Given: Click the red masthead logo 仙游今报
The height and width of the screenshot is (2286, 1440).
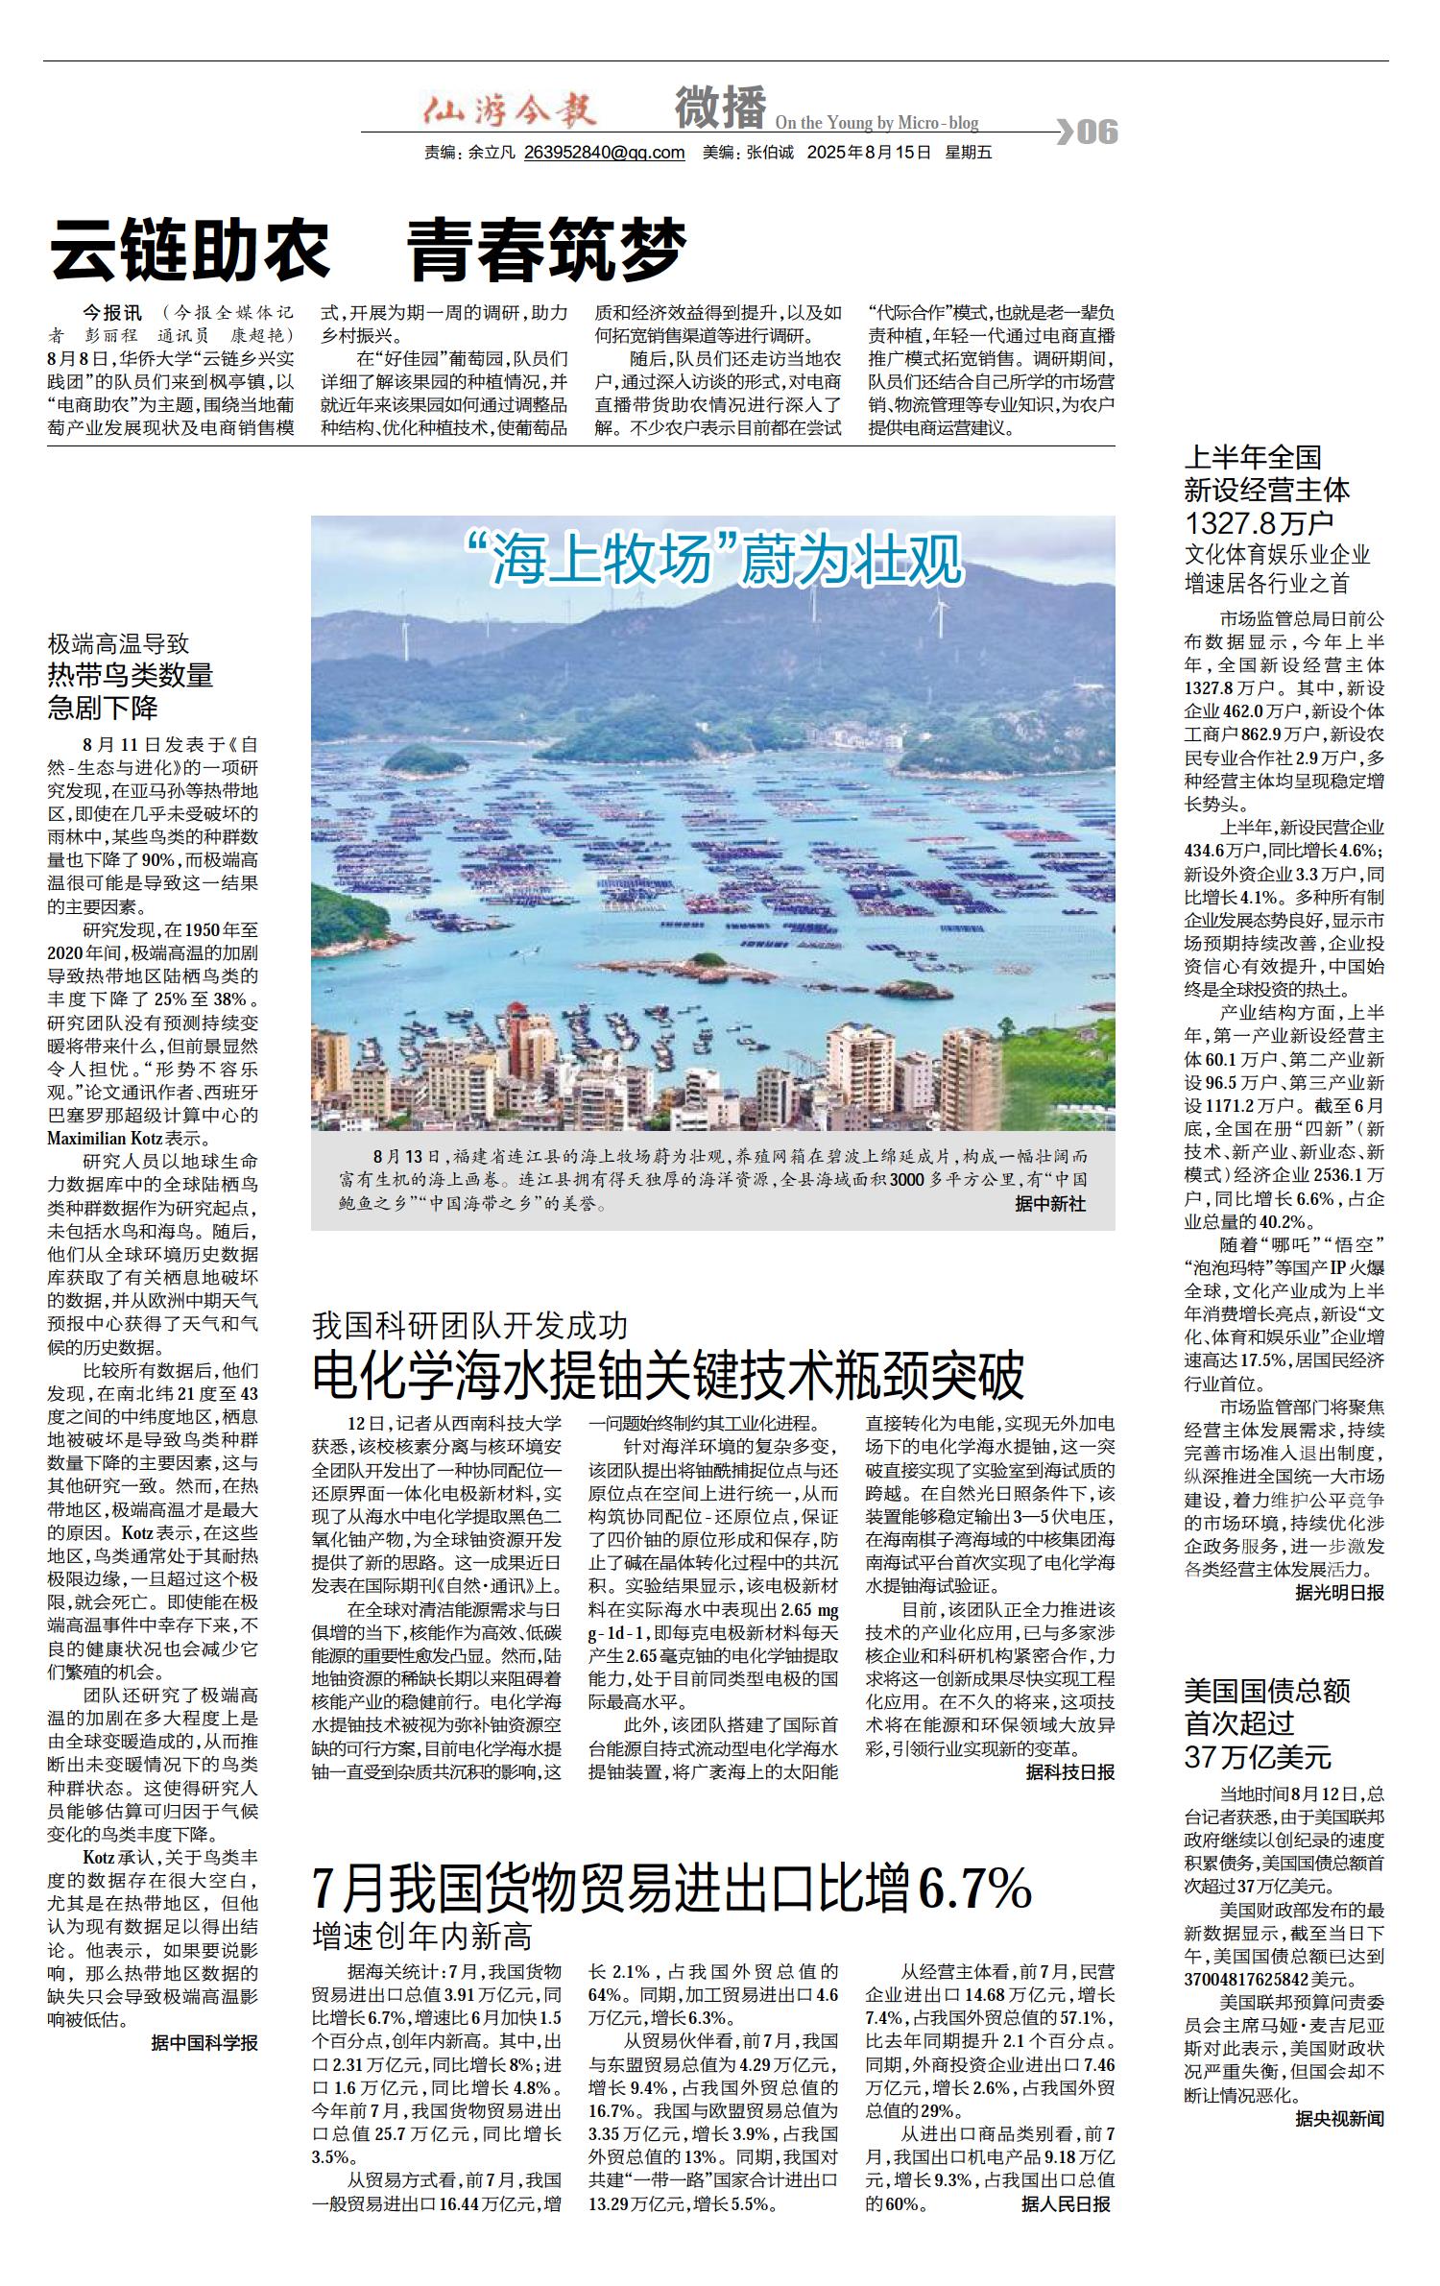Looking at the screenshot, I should (x=510, y=108).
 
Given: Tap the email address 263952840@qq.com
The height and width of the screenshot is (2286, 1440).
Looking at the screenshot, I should (x=604, y=153).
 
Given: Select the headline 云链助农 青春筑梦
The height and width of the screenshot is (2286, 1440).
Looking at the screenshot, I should (x=369, y=249).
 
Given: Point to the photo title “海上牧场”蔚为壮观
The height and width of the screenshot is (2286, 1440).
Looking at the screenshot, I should (x=712, y=560).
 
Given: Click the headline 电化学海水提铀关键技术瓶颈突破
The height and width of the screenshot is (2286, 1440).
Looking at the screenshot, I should (x=668, y=1376).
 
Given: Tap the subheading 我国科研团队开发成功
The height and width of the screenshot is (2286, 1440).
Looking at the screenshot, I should (x=469, y=1326).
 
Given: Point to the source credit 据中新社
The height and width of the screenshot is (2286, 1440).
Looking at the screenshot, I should (x=1050, y=1204).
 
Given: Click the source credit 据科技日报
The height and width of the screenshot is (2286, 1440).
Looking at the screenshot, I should (x=1069, y=1772).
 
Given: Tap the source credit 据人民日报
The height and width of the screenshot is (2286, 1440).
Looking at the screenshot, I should (x=1065, y=2204).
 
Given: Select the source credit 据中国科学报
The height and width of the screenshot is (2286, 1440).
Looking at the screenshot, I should (x=204, y=2043).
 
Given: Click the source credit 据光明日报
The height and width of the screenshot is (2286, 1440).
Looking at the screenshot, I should (x=1339, y=1593).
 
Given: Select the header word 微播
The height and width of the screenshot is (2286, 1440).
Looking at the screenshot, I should (x=720, y=108).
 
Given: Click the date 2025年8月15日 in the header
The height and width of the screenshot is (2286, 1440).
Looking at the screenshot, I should (x=869, y=153).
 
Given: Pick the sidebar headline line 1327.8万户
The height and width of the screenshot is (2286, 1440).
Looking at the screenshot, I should (x=1259, y=523).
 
